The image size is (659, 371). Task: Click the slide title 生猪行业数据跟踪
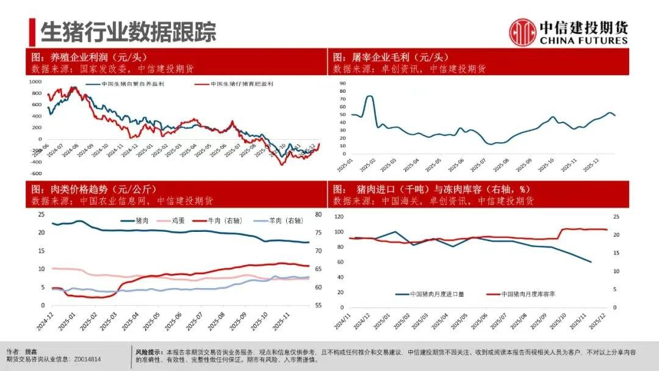click(x=128, y=31)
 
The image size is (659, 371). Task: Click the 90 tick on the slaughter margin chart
click(x=342, y=82)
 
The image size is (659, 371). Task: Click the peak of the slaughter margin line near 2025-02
click(x=370, y=96)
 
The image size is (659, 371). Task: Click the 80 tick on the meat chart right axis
click(x=319, y=214)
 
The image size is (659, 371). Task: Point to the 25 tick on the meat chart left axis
click(x=41, y=214)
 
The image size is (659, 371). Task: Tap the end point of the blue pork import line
click(x=591, y=262)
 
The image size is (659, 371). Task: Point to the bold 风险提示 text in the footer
click(x=149, y=352)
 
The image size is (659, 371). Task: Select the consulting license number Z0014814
click(x=86, y=360)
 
